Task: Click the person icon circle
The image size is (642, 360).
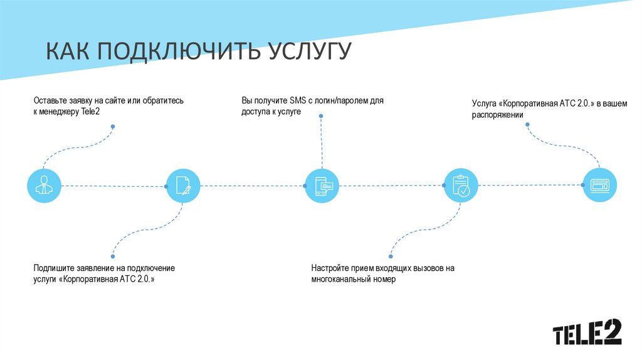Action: click(x=45, y=186)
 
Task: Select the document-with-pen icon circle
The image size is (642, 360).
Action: click(x=183, y=186)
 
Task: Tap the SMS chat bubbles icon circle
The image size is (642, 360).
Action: click(x=322, y=186)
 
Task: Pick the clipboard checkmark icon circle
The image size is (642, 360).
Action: click(x=460, y=186)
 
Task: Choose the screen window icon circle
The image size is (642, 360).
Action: click(x=599, y=186)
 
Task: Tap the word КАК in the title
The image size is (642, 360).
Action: click(x=68, y=52)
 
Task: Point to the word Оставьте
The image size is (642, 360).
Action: click(x=49, y=100)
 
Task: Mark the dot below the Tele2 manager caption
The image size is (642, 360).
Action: click(x=113, y=127)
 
